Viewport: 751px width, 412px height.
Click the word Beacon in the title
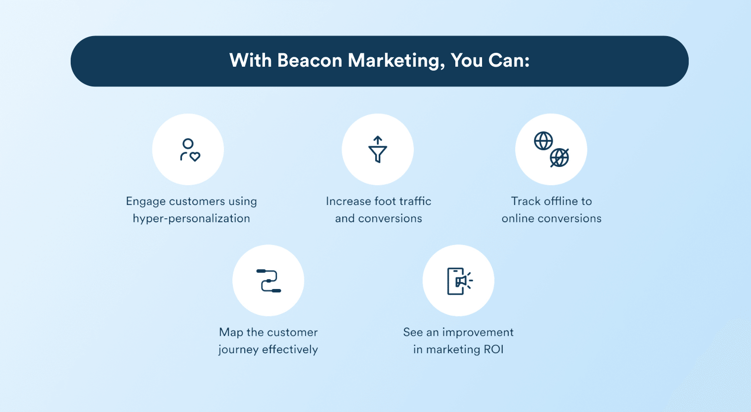309,61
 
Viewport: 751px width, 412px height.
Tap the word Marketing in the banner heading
394,61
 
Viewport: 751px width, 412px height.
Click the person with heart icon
189,150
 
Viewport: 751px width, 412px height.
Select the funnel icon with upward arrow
378,149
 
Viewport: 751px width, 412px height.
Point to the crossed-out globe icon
560,158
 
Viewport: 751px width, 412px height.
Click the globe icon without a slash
543,141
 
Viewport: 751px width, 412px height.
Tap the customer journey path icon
268,281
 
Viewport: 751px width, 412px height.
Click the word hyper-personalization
191,218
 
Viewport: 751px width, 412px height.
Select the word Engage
145,202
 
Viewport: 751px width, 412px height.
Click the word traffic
415,201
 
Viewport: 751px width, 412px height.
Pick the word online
518,218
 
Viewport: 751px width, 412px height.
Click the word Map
231,332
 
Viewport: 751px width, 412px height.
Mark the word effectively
290,350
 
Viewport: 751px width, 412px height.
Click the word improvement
478,332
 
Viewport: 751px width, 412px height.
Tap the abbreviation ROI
493,350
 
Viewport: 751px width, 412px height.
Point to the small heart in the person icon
195,157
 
